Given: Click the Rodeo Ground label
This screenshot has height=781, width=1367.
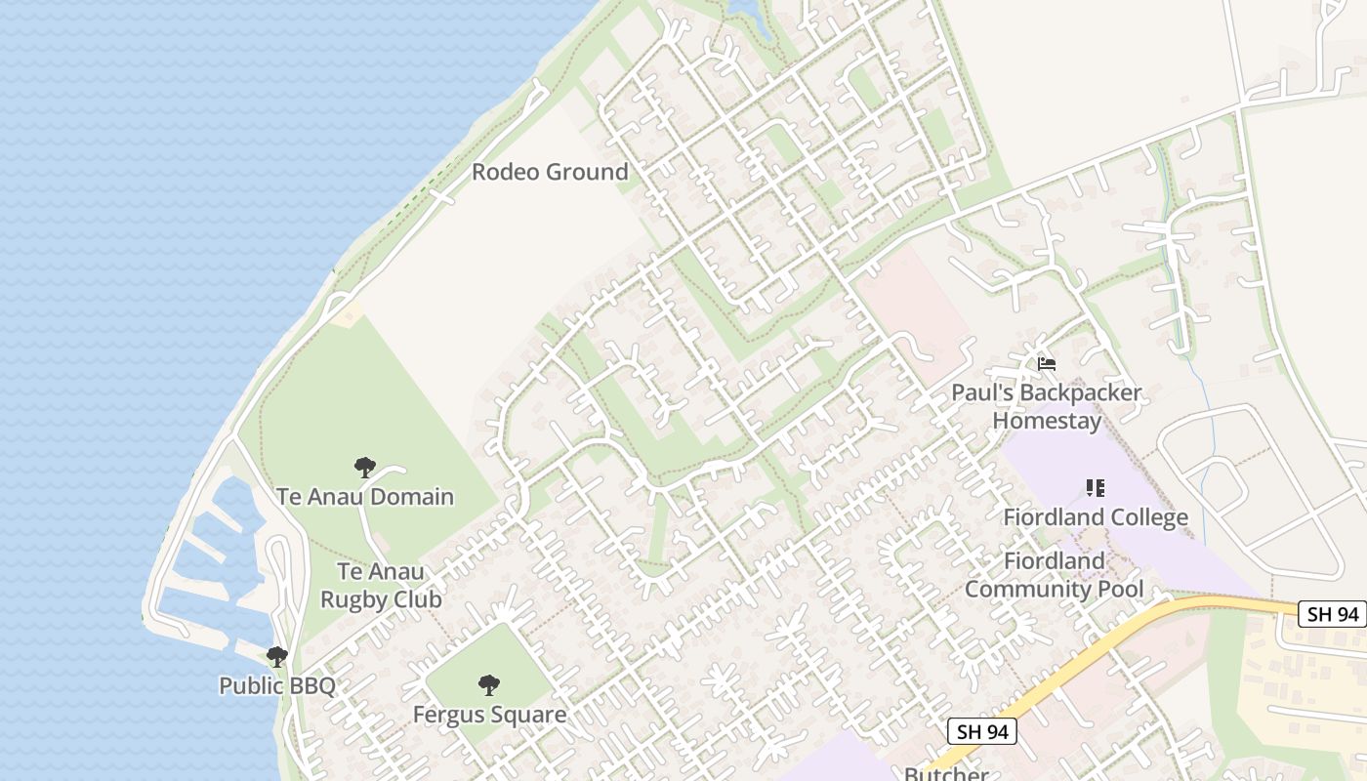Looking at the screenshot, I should click(x=550, y=172).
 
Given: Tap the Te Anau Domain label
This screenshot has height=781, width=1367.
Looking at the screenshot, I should click(x=365, y=496).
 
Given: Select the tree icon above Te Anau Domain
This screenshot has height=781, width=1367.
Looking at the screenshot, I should click(x=365, y=468).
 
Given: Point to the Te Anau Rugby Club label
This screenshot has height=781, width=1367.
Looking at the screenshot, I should click(x=381, y=585).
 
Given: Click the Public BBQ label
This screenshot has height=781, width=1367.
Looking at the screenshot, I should click(x=277, y=685).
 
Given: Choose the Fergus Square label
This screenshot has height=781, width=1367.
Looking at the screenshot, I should click(x=489, y=715).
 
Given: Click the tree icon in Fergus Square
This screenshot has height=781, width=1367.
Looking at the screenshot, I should click(x=489, y=685).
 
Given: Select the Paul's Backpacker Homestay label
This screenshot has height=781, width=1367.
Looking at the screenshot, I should click(x=1047, y=407).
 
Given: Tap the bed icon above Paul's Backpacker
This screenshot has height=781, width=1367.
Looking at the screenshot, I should click(x=1047, y=364).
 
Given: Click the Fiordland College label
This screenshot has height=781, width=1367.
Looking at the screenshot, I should click(x=1096, y=516).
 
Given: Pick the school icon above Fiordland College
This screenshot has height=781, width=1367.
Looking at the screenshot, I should click(x=1096, y=487).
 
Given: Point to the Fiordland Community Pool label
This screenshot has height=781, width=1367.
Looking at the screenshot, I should click(x=1054, y=575).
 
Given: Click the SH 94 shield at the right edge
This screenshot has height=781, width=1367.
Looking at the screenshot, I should click(x=1332, y=614).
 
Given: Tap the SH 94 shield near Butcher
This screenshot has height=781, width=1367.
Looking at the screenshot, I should click(x=982, y=731).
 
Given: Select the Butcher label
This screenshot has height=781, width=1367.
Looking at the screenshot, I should click(x=946, y=774).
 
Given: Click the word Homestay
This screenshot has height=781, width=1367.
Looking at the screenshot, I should click(x=1047, y=421).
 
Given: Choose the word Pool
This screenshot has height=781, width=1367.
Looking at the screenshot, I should click(x=1120, y=590).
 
